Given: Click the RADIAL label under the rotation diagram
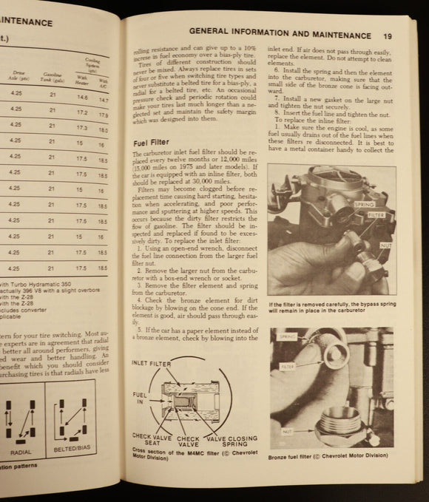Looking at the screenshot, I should tap(20, 452).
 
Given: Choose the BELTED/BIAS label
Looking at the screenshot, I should tap(75, 452).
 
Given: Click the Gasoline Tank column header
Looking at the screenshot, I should tap(52, 76).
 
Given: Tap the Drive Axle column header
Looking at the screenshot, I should tap(16, 75).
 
